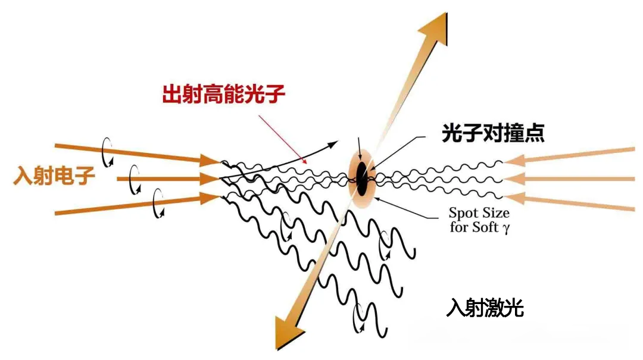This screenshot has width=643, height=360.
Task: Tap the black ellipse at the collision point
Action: tap(361, 179)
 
